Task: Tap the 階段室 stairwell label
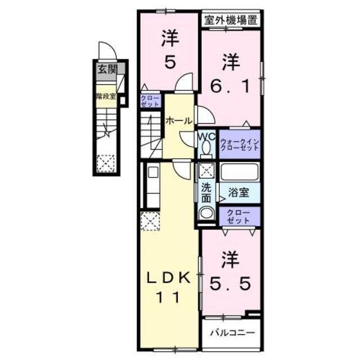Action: [x=105, y=96]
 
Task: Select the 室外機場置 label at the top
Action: [x=231, y=21]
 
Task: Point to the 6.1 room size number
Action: [x=229, y=85]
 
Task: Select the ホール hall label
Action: [x=179, y=120]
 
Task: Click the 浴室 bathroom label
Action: [x=239, y=192]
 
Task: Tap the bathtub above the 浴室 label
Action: [x=239, y=172]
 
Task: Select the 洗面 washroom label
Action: [x=206, y=193]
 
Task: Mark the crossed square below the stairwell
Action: [x=105, y=164]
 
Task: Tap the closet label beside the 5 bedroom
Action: [x=150, y=101]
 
